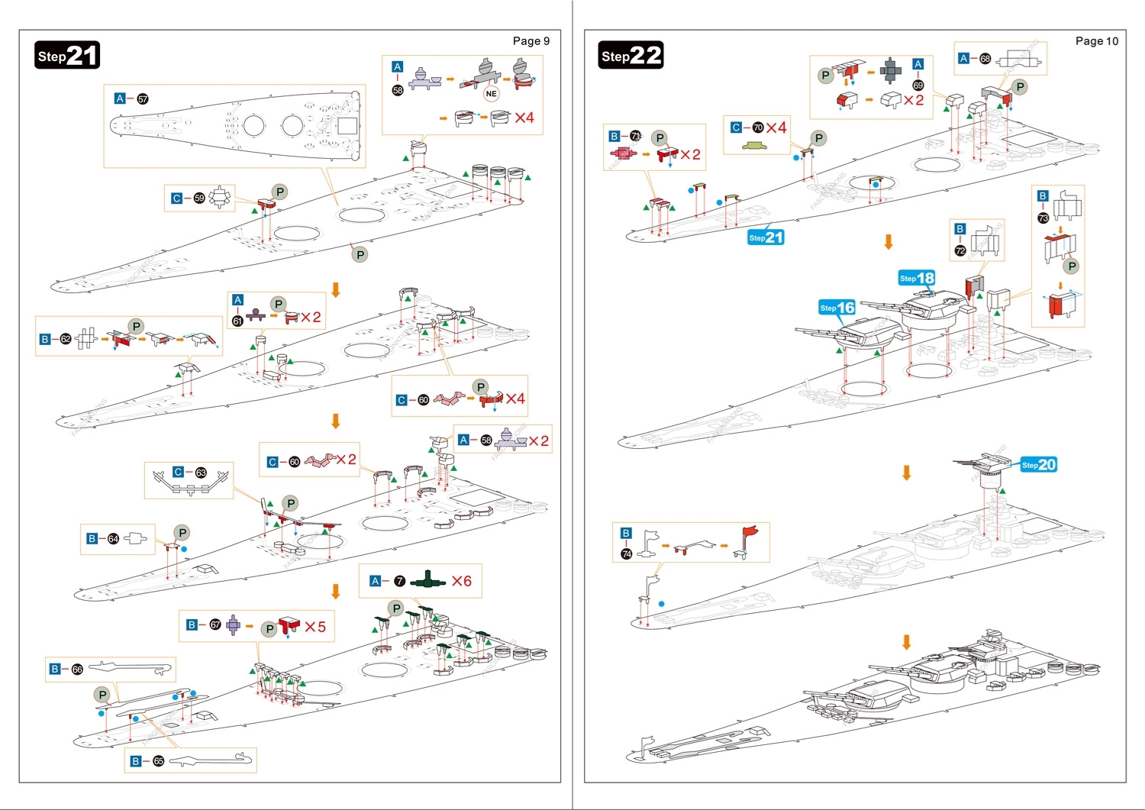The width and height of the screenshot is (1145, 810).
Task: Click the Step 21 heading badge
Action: tap(67, 56)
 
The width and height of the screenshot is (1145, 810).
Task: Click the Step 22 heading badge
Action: tap(631, 56)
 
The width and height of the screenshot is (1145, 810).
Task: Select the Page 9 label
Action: tap(531, 41)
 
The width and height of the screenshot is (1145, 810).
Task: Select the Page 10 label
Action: tap(1096, 41)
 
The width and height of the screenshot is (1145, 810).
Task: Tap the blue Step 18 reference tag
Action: tap(917, 278)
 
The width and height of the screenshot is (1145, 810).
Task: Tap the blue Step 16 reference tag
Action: tap(837, 308)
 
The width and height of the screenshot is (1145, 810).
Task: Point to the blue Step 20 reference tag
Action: tap(1039, 464)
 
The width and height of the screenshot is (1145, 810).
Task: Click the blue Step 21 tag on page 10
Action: tap(766, 237)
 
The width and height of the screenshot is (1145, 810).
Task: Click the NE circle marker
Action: tap(491, 94)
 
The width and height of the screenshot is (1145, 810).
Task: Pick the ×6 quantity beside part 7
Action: tap(461, 581)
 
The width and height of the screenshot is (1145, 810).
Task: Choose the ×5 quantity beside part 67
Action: tap(315, 627)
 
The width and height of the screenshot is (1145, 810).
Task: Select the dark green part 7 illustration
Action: tap(427, 582)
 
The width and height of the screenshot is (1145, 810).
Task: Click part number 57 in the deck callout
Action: tap(143, 98)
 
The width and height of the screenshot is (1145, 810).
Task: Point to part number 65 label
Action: tap(158, 761)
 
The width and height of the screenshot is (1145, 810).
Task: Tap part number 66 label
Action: tap(77, 670)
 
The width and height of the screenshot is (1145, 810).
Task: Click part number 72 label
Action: tap(960, 250)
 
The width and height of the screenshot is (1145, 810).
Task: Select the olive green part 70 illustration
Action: tap(754, 144)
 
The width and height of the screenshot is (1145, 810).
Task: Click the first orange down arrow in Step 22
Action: tap(889, 242)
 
